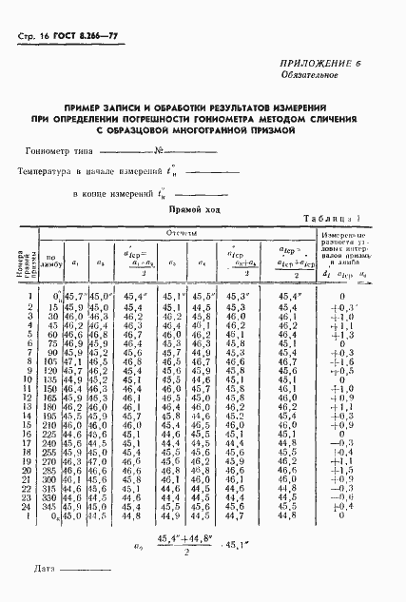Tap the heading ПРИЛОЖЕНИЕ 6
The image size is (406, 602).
(324, 62)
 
